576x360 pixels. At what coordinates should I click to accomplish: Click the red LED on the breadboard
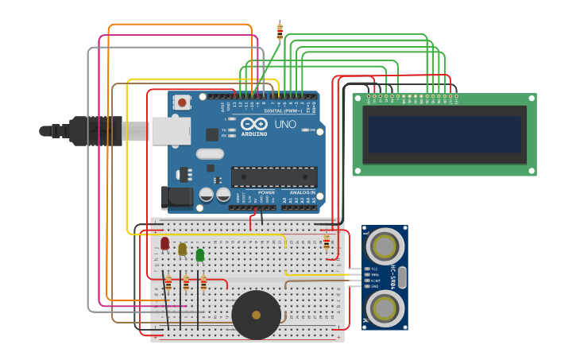[165, 243]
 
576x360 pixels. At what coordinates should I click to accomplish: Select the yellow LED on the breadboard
[183, 250]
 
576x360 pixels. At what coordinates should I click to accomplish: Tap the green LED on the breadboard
[200, 255]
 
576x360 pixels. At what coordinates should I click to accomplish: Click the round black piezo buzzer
[256, 315]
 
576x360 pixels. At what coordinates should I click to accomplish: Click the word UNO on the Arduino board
[285, 125]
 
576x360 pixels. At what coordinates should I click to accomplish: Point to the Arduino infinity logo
[254, 124]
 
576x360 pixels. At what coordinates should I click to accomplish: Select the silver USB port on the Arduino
[171, 131]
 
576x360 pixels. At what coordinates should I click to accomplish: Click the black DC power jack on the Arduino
[176, 197]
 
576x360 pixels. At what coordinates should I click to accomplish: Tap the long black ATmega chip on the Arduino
[274, 177]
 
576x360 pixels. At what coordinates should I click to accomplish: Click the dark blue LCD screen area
[444, 134]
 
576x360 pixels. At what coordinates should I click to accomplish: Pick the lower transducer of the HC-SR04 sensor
[385, 308]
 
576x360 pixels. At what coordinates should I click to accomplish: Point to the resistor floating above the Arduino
[280, 31]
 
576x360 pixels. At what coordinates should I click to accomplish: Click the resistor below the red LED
[168, 284]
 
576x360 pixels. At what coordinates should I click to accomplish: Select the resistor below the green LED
[203, 284]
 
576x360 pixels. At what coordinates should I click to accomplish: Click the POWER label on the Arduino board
[266, 192]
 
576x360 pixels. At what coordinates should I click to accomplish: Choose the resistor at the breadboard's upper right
[327, 241]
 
